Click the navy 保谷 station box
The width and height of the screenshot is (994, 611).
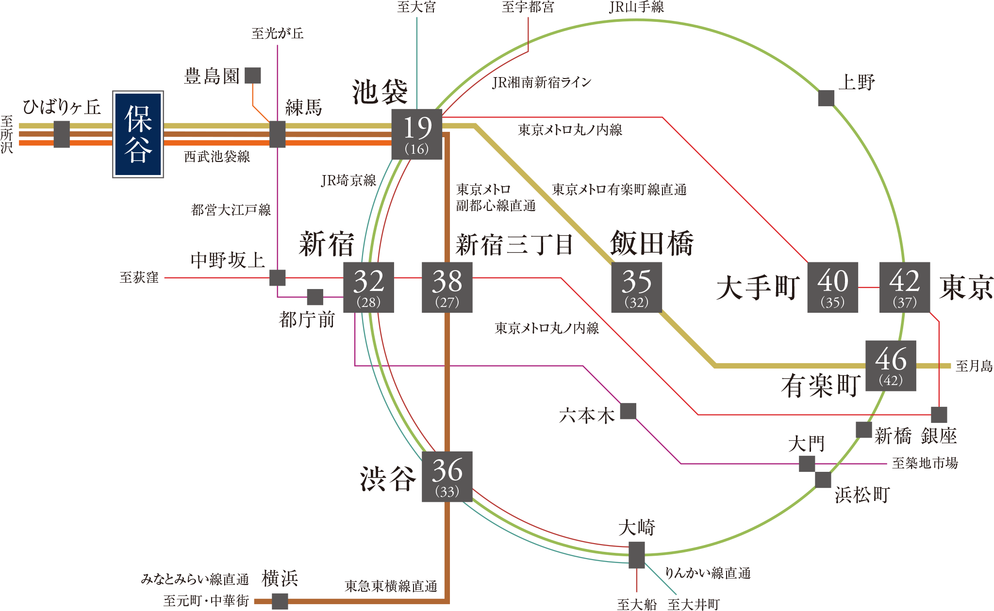point(138,134)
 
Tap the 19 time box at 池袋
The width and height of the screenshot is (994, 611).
point(417,134)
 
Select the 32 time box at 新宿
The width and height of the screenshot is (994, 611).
point(368,287)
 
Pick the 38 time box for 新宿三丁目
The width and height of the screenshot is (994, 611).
point(447,287)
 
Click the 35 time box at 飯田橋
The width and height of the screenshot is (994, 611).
point(636,287)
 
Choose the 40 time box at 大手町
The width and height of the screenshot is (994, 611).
point(832,287)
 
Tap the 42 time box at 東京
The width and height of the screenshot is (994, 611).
point(905,287)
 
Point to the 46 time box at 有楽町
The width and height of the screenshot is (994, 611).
point(891,366)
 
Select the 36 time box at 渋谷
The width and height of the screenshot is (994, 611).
point(447,476)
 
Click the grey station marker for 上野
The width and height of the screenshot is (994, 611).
point(826,98)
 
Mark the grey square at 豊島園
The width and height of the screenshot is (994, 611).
point(253,76)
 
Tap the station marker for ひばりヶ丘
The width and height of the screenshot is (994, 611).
point(62,134)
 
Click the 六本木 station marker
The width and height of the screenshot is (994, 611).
point(628,411)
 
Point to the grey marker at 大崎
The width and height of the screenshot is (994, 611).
point(637,555)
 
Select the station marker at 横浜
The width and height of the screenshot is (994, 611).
point(280,601)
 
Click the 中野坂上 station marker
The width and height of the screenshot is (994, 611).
point(278,278)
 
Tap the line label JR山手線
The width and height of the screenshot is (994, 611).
point(636,7)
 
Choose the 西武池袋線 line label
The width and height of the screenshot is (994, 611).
point(217,157)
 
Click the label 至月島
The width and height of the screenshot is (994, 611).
point(974,366)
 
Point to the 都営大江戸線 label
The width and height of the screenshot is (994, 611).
point(231,210)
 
